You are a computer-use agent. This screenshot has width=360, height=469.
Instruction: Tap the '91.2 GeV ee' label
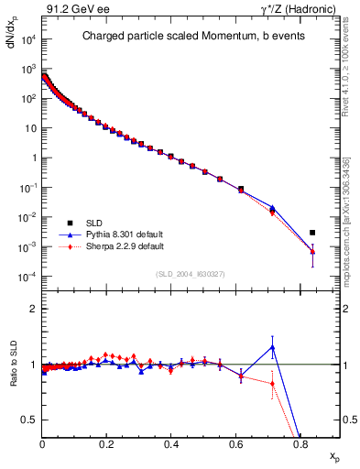(x=70, y=10)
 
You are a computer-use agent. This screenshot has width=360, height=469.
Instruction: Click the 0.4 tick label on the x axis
(x=171, y=443)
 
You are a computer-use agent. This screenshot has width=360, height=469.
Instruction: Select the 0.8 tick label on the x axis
(x=300, y=443)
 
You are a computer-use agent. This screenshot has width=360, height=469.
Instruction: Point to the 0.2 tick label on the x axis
(x=107, y=443)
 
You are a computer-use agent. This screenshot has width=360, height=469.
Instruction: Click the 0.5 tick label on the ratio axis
(x=29, y=420)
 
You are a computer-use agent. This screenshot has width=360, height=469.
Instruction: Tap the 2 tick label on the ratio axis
(x=33, y=309)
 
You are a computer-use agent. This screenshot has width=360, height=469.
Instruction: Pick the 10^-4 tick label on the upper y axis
(x=27, y=277)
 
